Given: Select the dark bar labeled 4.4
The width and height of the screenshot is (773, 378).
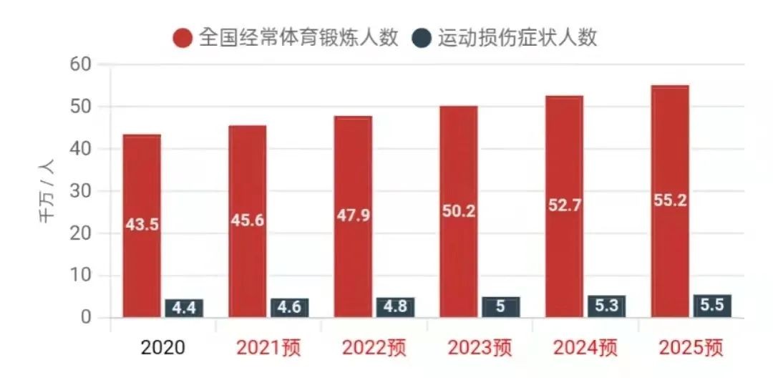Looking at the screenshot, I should click(184, 308).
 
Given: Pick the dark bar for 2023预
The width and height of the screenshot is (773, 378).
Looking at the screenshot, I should click(500, 306).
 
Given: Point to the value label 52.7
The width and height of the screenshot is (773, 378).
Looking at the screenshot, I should click(564, 205).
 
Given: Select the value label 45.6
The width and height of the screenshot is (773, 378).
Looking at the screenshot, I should click(247, 220).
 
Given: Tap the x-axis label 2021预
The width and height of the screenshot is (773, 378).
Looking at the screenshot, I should click(268, 348).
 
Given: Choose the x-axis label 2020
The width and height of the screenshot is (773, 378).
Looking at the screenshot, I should click(162, 348).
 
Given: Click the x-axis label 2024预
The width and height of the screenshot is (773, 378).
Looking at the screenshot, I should click(585, 348).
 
